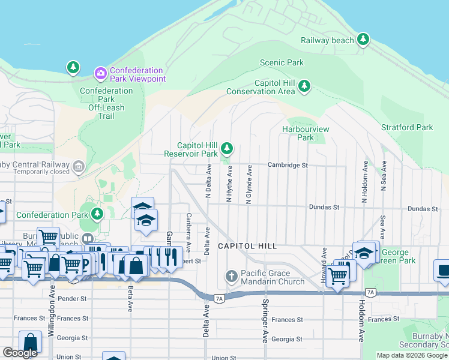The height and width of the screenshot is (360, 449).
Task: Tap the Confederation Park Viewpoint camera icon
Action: pos(100,73)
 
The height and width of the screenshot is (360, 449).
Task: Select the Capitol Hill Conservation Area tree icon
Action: pos(304,86)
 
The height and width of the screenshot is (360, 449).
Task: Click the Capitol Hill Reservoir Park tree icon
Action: pos(226,148)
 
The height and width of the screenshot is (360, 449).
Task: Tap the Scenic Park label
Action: pos(282,62)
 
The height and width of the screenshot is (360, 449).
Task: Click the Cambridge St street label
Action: pos(288,165)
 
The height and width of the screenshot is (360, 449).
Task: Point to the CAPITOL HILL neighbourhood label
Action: pos(247,246)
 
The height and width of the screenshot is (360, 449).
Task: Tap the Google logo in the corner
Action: pos(20,353)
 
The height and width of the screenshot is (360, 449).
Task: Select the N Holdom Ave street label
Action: pos(364,181)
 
